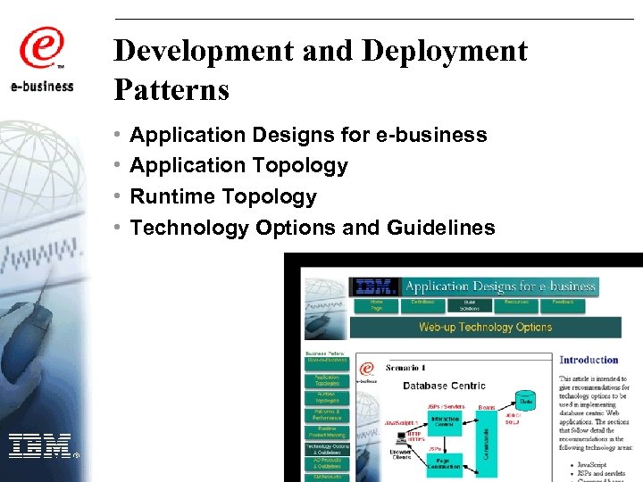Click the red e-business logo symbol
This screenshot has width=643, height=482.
pyautogui.click(x=42, y=48)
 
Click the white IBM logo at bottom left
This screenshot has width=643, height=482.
pyautogui.click(x=39, y=445)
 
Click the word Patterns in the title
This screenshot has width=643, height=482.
pyautogui.click(x=171, y=89)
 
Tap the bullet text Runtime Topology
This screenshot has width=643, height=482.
pyautogui.click(x=223, y=196)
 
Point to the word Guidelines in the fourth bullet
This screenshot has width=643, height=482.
pyautogui.click(x=441, y=228)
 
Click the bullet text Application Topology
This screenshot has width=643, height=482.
pyautogui.click(x=238, y=165)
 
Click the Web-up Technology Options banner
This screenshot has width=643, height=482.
pyautogui.click(x=485, y=327)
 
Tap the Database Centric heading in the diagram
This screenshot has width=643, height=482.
pyautogui.click(x=444, y=386)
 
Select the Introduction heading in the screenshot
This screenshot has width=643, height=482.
pyautogui.click(x=589, y=360)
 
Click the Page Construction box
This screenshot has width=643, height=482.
pyautogui.click(x=445, y=463)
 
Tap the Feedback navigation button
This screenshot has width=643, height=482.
pyautogui.click(x=563, y=303)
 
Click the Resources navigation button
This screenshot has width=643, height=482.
pyautogui.click(x=515, y=303)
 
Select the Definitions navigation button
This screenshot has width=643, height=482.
pyautogui.click(x=422, y=303)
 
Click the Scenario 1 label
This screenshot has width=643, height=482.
pyautogui.click(x=405, y=368)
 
